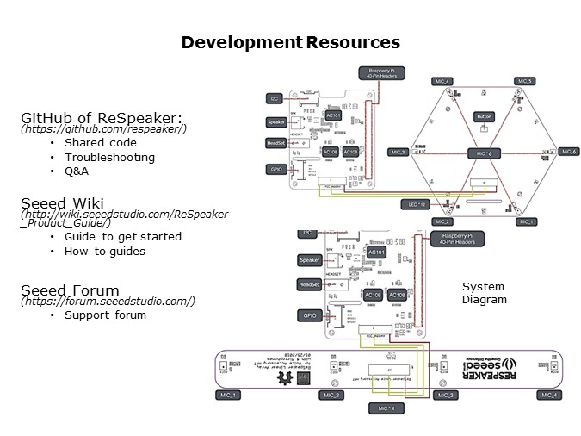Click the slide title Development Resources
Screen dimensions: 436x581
pyautogui.click(x=290, y=42)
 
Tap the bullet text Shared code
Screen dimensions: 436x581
pyautogui.click(x=100, y=142)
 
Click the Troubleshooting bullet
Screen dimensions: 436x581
pyautogui.click(x=109, y=157)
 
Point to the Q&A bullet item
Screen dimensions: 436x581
pyautogui.click(x=77, y=171)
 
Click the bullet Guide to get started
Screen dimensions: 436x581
pyautogui.click(x=123, y=236)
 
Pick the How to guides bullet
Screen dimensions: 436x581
pyautogui.click(x=105, y=251)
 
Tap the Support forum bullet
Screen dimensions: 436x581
pyautogui.click(x=105, y=315)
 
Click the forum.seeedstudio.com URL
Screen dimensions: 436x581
pyautogui.click(x=108, y=302)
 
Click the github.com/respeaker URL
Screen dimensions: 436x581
pyautogui.click(x=103, y=129)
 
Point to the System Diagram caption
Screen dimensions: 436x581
pyautogui.click(x=484, y=293)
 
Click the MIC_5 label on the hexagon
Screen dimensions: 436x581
pyautogui.click(x=524, y=81)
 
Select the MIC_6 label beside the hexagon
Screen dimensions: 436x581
pyautogui.click(x=567, y=152)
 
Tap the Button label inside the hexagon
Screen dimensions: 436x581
pyautogui.click(x=484, y=116)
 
